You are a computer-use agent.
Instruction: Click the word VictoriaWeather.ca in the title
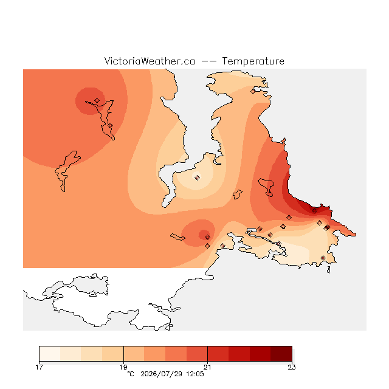pyautogui.click(x=150, y=61)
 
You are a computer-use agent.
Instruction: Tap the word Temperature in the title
pyautogui.click(x=253, y=61)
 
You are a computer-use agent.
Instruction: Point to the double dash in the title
pyautogui.click(x=208, y=61)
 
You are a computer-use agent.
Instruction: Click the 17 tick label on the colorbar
pyautogui.click(x=39, y=367)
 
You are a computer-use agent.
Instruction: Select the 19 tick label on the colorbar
pyautogui.click(x=123, y=367)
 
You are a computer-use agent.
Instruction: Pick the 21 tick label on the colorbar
pyautogui.click(x=207, y=367)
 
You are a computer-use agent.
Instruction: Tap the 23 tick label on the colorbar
pyautogui.click(x=292, y=367)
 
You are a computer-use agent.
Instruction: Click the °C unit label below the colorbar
pyautogui.click(x=131, y=374)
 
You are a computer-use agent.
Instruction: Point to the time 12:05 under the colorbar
pyautogui.click(x=195, y=374)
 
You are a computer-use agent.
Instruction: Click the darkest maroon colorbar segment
pyautogui.click(x=281, y=354)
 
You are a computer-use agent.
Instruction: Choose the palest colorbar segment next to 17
pyautogui.click(x=50, y=354)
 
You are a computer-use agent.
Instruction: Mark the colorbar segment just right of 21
pyautogui.click(x=218, y=354)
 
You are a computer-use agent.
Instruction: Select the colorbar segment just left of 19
pyautogui.click(x=113, y=354)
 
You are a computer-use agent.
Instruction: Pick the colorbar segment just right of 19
pyautogui.click(x=134, y=354)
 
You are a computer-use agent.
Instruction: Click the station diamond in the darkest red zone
pyautogui.click(x=314, y=211)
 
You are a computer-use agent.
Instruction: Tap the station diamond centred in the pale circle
pyautogui.click(x=197, y=177)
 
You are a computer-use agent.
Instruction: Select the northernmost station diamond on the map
pyautogui.click(x=253, y=91)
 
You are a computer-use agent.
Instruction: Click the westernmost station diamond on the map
pyautogui.click(x=97, y=100)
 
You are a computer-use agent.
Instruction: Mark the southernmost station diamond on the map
pyautogui.click(x=323, y=258)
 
